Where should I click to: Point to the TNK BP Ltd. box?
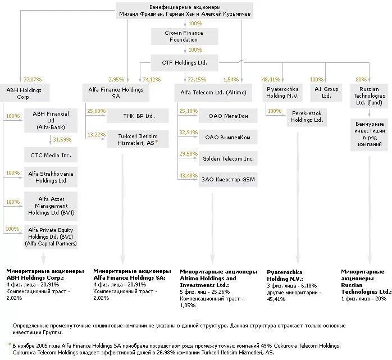138,116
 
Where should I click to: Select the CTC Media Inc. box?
50,154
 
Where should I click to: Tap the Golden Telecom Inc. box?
227,159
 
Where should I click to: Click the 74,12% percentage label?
151,79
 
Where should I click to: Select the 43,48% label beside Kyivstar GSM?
188,176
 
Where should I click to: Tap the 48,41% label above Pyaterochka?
271,79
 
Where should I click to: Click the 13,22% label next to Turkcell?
96,134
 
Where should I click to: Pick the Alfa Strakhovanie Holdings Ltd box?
50,177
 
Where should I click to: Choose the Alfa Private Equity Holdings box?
50,236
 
